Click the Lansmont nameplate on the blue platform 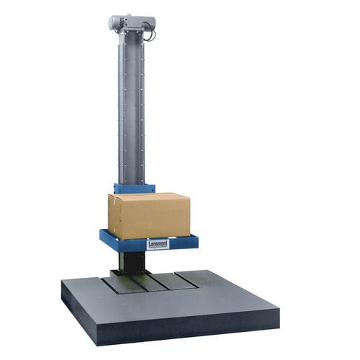click(158, 244)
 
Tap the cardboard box click(148, 215)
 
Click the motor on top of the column click(131, 24)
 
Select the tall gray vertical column click(132, 108)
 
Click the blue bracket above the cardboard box click(134, 188)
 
